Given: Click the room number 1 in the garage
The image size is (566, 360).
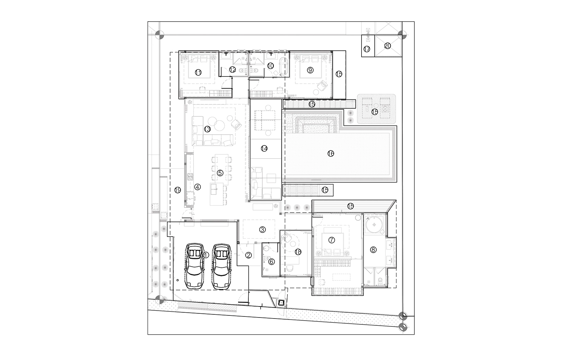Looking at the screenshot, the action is point(206,255).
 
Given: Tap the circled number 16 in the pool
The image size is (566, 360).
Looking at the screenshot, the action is point(331,153).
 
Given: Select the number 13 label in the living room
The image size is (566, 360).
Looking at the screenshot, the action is point(207,129).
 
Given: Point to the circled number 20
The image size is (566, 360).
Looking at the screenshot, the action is point(387,46).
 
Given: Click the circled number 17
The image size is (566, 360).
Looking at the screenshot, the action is point(367,49).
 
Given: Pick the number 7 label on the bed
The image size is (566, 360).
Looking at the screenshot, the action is point(331,240).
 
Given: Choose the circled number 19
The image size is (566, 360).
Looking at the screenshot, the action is point(178,190).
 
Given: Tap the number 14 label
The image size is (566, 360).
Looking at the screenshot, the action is point(264,148).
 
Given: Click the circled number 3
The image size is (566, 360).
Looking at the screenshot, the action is point(262,230).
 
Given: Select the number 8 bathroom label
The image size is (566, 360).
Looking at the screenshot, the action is point(373,250).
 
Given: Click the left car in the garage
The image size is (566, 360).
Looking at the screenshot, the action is point(194,266).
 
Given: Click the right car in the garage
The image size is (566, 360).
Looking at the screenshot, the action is point(221,266).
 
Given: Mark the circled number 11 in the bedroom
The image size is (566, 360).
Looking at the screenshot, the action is point(198,73).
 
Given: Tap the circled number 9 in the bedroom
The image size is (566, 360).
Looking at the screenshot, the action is point(310,70).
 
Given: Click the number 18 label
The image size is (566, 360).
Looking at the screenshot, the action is point(298,252).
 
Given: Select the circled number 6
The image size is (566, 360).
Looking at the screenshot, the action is point(271,262).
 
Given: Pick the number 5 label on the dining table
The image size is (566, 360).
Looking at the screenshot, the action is point(220,173).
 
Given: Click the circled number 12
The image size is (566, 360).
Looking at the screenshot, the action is point(233,70).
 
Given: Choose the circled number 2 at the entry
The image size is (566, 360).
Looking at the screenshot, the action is point(249,255).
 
